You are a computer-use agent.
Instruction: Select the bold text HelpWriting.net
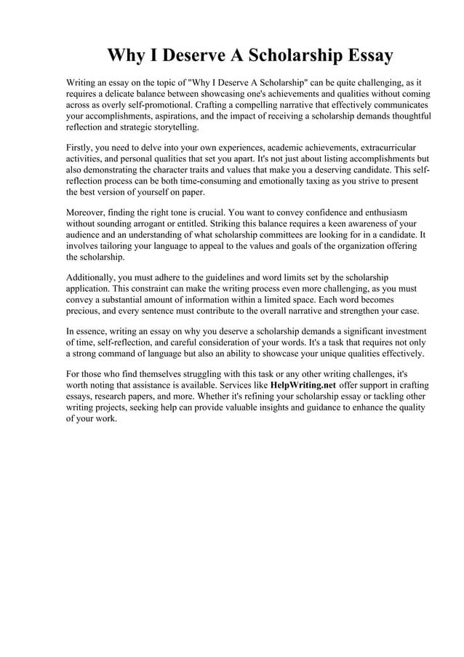click(x=303, y=384)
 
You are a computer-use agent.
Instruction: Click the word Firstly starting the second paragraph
click(x=81, y=147)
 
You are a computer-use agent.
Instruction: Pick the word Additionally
click(x=93, y=277)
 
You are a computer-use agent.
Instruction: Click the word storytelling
click(x=173, y=127)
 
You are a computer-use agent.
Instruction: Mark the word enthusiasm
click(x=391, y=212)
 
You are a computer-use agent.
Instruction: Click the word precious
click(x=84, y=311)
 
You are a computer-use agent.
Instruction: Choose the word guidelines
click(x=232, y=277)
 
